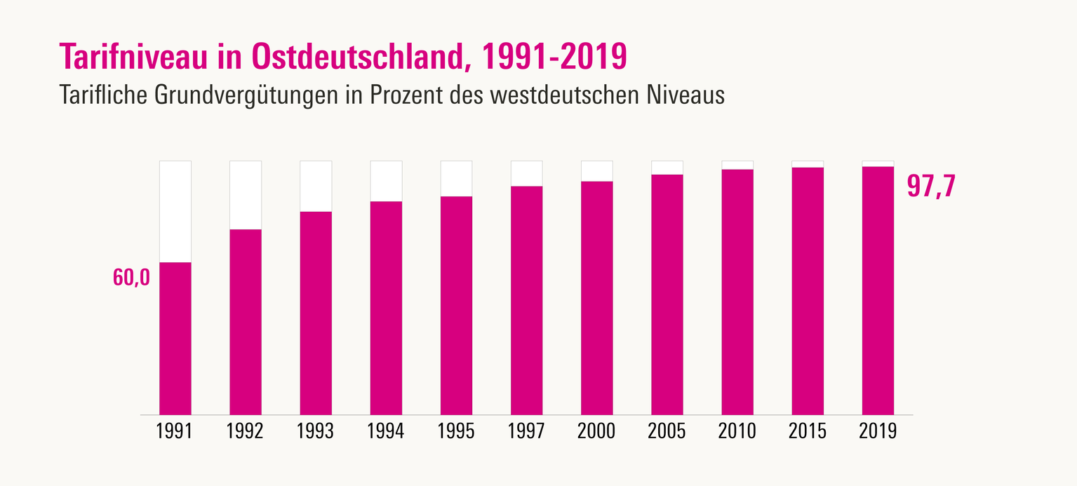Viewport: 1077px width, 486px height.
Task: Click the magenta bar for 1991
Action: [175, 338]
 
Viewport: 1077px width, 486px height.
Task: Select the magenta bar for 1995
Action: [456, 305]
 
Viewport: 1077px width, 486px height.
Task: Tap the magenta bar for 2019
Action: [878, 290]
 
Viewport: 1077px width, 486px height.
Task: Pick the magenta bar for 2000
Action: [596, 298]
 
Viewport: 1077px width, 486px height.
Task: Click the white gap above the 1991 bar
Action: [175, 211]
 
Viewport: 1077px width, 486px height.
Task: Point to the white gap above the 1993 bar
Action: [316, 186]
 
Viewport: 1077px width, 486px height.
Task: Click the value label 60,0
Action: [131, 278]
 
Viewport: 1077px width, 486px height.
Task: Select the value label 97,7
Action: [931, 185]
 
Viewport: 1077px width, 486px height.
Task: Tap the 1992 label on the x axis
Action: [246, 431]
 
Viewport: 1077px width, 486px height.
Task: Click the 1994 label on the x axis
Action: [386, 431]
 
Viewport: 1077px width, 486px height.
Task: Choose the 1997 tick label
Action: [526, 431]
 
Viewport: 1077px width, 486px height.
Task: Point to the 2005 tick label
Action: [667, 431]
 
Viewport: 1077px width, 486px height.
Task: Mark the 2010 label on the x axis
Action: [737, 431]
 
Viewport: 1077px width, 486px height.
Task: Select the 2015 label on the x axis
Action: [807, 431]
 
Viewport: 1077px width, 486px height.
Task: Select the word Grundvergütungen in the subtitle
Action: [238, 95]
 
